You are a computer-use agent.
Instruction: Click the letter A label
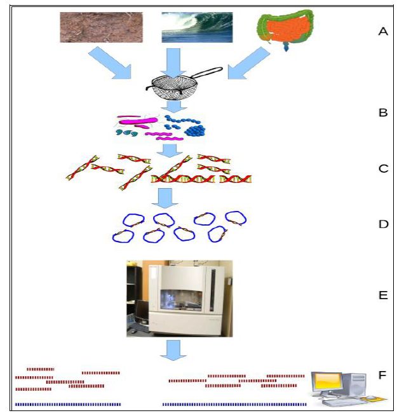click(x=382, y=30)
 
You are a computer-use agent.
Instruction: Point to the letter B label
click(x=382, y=113)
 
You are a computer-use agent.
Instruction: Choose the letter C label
click(x=382, y=170)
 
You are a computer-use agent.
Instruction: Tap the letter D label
click(x=382, y=224)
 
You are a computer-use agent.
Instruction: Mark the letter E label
click(x=382, y=295)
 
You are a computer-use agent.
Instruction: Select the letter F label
click(x=382, y=375)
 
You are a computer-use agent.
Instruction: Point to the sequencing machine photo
click(x=179, y=297)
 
